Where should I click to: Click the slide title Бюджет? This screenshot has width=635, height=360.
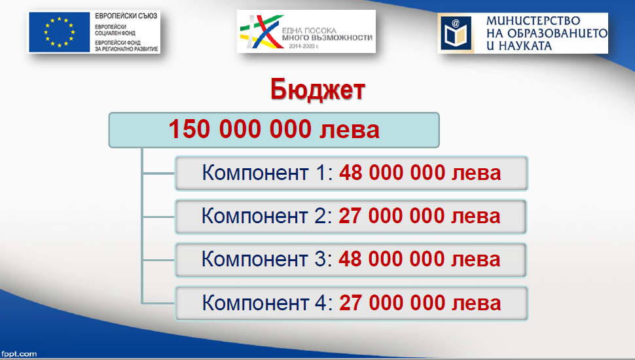[x=317, y=90]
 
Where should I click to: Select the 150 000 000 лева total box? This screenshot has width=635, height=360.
[x=274, y=130]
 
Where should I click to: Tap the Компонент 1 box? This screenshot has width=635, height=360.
[x=352, y=173]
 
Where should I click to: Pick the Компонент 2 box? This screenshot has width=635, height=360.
[x=351, y=217]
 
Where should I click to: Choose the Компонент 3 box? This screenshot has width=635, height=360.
[x=351, y=260]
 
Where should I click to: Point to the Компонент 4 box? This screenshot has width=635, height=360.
[x=352, y=303]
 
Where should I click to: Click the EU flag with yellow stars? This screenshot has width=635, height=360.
[x=59, y=32]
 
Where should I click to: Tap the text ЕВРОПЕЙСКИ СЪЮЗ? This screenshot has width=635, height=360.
[x=126, y=16]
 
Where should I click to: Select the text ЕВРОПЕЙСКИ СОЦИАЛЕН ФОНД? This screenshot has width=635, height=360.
[x=115, y=30]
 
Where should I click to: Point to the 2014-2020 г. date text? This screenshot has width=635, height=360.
[x=304, y=46]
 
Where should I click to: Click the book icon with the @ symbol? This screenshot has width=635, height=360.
[x=456, y=33]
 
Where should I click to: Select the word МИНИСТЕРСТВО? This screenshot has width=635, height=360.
[x=534, y=21]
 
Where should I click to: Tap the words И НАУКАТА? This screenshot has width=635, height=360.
[x=518, y=46]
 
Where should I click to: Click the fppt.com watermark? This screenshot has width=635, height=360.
[x=18, y=354]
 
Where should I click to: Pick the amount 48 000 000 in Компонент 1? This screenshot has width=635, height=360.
[x=392, y=173]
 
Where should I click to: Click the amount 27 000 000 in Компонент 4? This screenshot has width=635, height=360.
[x=392, y=303]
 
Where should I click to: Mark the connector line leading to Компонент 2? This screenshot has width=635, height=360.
[x=158, y=217]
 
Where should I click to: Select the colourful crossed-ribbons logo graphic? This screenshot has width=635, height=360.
[x=262, y=31]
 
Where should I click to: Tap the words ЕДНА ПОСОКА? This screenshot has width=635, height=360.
[x=309, y=30]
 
